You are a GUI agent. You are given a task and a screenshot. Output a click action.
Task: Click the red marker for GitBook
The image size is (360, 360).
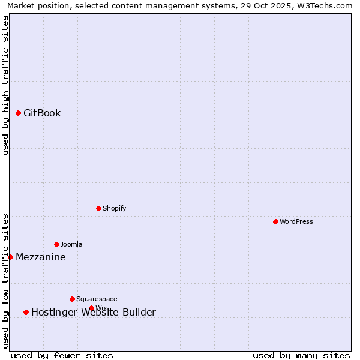point(19,113)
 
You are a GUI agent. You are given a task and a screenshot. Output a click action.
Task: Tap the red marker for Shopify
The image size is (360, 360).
point(98,208)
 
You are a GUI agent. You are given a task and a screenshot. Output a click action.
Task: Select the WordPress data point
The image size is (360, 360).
point(275,221)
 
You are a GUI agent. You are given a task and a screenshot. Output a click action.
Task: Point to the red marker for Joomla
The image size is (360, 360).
point(56,244)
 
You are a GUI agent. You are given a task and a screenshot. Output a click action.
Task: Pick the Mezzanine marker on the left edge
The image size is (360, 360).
point(10,257)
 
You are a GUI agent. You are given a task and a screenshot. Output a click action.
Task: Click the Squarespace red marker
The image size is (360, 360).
point(72,299)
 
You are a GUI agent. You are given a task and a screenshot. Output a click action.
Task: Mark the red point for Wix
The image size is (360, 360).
point(91,308)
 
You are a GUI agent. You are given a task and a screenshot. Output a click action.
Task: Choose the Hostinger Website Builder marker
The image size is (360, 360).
point(26,312)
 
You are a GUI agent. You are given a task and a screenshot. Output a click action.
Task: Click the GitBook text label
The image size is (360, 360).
point(42,113)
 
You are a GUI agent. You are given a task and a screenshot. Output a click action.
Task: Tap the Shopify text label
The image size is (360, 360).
point(114,209)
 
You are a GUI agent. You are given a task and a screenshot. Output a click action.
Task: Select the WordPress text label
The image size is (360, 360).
point(296,222)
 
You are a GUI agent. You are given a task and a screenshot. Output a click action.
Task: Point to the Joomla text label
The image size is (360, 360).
point(71,245)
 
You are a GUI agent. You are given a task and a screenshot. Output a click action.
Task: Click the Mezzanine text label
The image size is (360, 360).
point(41,257)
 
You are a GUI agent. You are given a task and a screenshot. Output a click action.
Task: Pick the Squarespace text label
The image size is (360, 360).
point(97,299)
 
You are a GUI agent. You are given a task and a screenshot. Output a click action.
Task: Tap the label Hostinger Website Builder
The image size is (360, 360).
point(94,313)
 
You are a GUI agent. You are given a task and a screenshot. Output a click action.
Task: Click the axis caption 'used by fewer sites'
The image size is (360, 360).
point(62,355)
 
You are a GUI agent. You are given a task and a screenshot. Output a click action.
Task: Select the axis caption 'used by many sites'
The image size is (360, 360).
point(301,355)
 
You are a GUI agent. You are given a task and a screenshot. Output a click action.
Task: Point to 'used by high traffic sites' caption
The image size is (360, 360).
point(5,86)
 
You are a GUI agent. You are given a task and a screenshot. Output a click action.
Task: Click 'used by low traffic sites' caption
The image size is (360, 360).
point(5,281)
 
